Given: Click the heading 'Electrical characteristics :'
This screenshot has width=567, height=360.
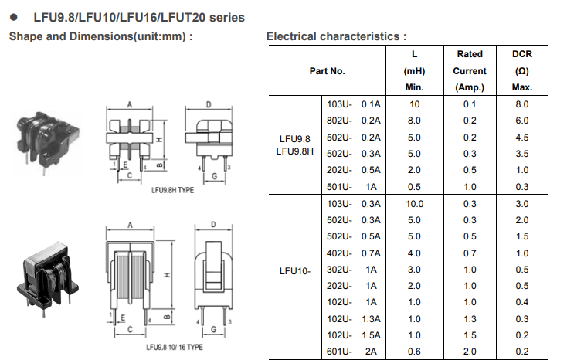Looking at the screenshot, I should tap(336, 36).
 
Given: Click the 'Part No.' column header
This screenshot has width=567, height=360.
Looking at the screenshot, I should tap(327, 70).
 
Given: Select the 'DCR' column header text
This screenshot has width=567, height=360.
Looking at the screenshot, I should tap(522, 54).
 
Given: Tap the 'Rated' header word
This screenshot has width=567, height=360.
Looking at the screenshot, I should tap(470, 54).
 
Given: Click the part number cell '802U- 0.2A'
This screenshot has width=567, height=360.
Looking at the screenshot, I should tap(354, 121).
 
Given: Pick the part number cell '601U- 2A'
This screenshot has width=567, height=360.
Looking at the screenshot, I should tap(354, 352).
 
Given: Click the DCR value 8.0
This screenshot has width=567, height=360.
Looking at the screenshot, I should tap(522, 104).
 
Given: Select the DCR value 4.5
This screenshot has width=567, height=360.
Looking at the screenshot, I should tap(522, 138).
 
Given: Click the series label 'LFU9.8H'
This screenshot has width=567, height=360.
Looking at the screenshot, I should tap(294, 151).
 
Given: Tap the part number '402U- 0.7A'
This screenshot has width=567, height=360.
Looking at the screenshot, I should tap(354, 253).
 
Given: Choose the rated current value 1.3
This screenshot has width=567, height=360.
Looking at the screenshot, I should tap(470, 319).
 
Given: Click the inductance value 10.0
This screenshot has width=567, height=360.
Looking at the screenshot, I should tap(415, 204).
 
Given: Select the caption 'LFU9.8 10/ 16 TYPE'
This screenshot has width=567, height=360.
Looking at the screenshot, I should tap(171, 347).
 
